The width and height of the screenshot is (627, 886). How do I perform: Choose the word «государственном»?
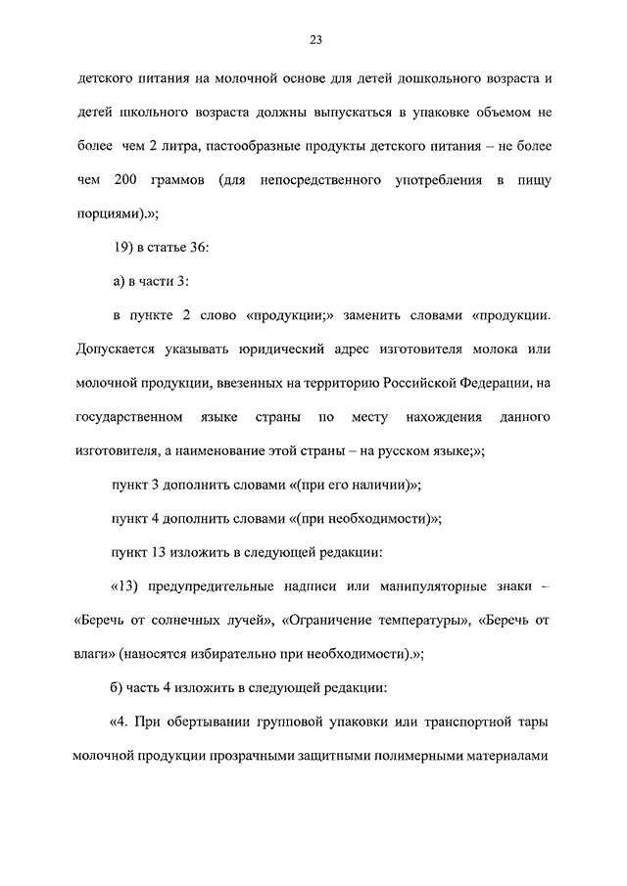click(128, 417)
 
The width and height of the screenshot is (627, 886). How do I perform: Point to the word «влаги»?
click(96, 655)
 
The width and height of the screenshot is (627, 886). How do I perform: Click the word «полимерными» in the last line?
click(443, 757)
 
